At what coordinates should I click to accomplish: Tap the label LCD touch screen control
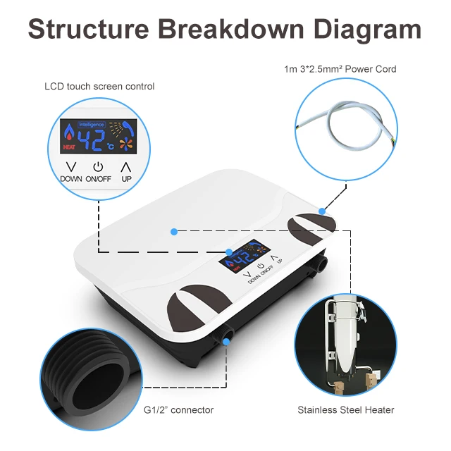coord(99,87)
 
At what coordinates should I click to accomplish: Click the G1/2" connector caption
coord(178,409)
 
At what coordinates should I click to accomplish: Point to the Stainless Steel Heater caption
coord(345,409)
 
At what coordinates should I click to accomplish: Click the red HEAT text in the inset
coord(69,147)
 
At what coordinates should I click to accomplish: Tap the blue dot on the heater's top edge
coord(321,210)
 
